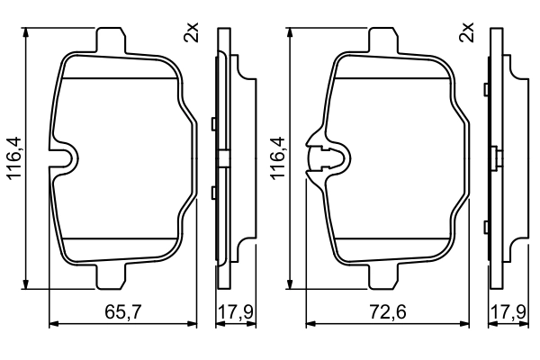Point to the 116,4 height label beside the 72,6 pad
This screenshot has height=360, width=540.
click(278, 158)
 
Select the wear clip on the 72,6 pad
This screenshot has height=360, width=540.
click(324, 158)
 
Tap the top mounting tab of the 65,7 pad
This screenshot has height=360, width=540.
click(109, 41)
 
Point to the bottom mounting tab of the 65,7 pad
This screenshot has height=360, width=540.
click(109, 274)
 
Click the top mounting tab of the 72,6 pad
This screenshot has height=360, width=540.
click(384, 41)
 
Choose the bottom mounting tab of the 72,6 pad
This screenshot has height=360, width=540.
click(384, 274)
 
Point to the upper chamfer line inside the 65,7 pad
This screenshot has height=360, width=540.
click(121, 79)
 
